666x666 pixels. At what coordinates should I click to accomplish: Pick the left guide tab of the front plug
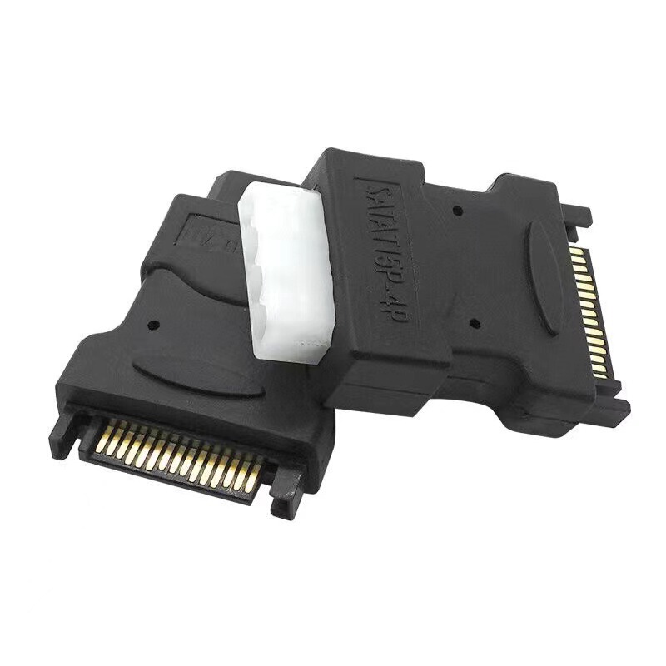point(64,425)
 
